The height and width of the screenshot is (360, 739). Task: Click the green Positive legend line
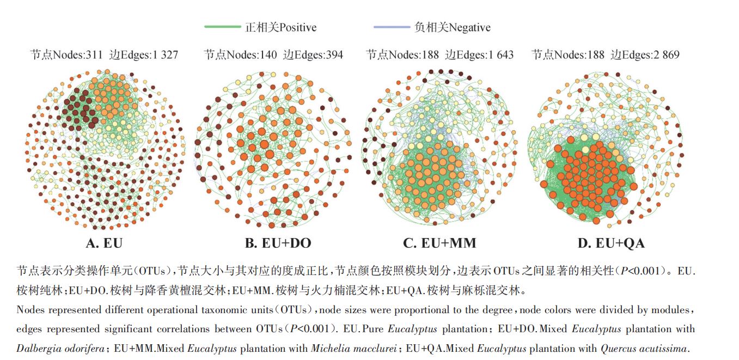pyautogui.click(x=222, y=27)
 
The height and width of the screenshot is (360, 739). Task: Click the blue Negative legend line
pyautogui.click(x=392, y=27)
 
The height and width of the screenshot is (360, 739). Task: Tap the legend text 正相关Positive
pyautogui.click(x=280, y=27)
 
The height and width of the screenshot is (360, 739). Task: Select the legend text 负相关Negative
pyautogui.click(x=452, y=27)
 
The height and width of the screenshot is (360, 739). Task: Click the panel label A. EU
pyautogui.click(x=104, y=243)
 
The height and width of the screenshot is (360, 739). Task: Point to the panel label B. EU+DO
pyautogui.click(x=278, y=243)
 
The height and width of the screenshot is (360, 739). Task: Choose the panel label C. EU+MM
pyautogui.click(x=440, y=243)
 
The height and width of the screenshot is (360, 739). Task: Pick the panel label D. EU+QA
pyautogui.click(x=611, y=243)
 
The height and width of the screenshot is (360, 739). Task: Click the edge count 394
pyautogui.click(x=333, y=54)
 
